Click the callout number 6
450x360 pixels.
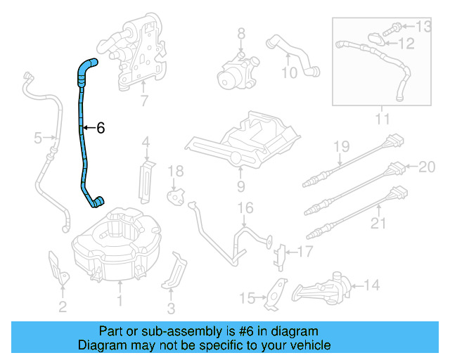point(100,128)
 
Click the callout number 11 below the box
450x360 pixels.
point(382,120)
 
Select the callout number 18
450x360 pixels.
point(175,171)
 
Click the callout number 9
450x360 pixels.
point(240,186)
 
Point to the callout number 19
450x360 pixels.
point(341,146)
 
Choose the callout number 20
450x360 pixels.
point(427,167)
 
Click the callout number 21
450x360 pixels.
point(379,223)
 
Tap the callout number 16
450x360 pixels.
point(244,207)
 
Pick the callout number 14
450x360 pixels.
point(372,285)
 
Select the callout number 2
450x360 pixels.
point(63,306)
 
